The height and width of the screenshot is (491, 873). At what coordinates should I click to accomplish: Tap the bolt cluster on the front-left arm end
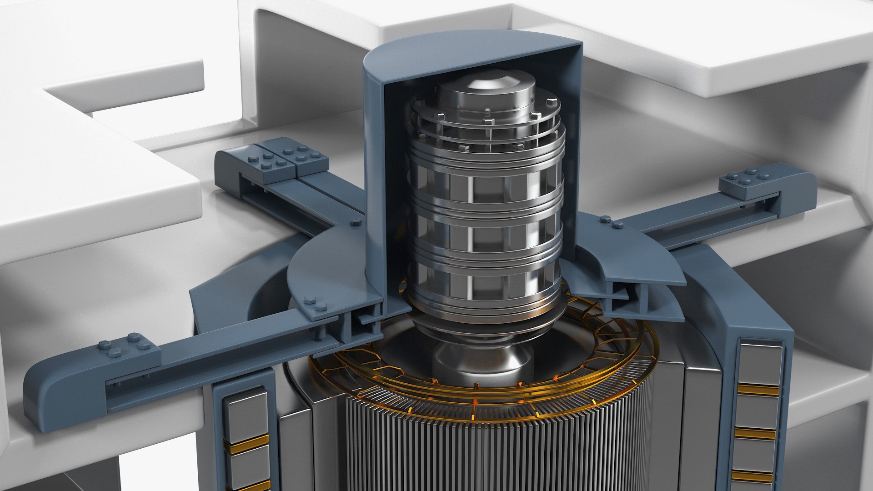click(124, 346)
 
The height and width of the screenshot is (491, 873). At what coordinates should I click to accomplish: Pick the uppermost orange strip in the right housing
click(758, 390)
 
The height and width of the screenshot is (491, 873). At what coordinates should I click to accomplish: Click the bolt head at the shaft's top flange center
click(488, 122)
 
